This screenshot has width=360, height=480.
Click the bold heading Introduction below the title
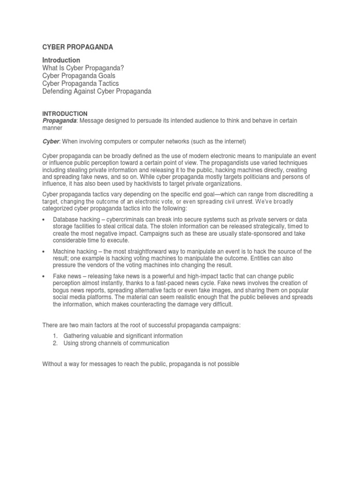(61, 60)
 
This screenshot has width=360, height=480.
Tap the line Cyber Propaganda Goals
(78, 75)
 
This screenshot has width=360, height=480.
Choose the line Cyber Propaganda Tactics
(80, 83)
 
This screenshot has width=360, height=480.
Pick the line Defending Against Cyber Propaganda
(97, 91)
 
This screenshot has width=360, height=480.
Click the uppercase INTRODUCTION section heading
(65, 114)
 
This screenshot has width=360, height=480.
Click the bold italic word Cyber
(51, 142)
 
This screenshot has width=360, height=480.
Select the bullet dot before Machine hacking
(44, 252)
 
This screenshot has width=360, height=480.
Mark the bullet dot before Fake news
(44, 277)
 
